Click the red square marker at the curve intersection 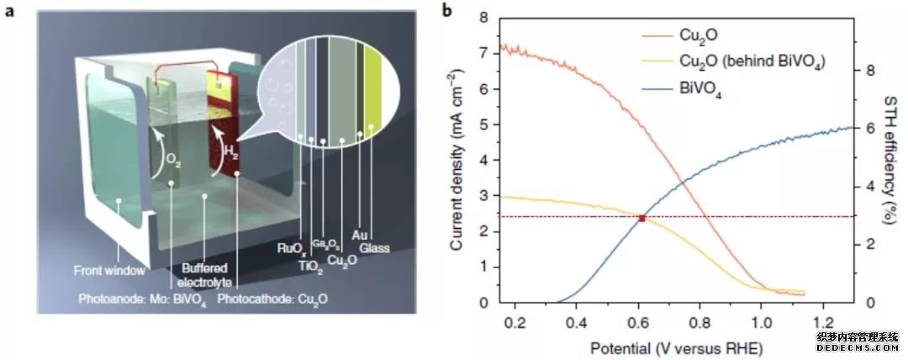(x=642, y=218)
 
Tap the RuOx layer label (x=289, y=247)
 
